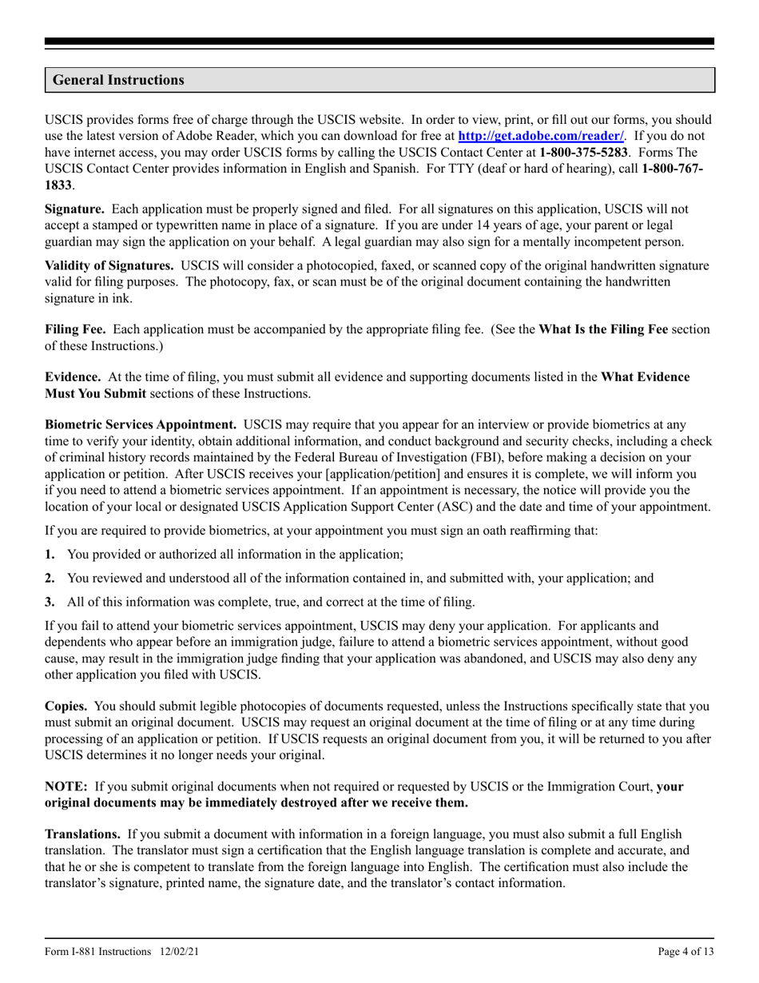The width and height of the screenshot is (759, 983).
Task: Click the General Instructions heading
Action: (118, 80)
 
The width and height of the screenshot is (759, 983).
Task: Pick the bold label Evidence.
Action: (73, 376)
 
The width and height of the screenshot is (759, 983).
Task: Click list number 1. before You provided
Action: (50, 554)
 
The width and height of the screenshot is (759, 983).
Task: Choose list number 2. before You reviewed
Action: (50, 578)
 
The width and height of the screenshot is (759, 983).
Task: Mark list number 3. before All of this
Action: (50, 602)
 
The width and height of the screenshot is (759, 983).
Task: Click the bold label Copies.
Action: (68, 706)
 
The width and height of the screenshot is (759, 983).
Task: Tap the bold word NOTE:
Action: (66, 786)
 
